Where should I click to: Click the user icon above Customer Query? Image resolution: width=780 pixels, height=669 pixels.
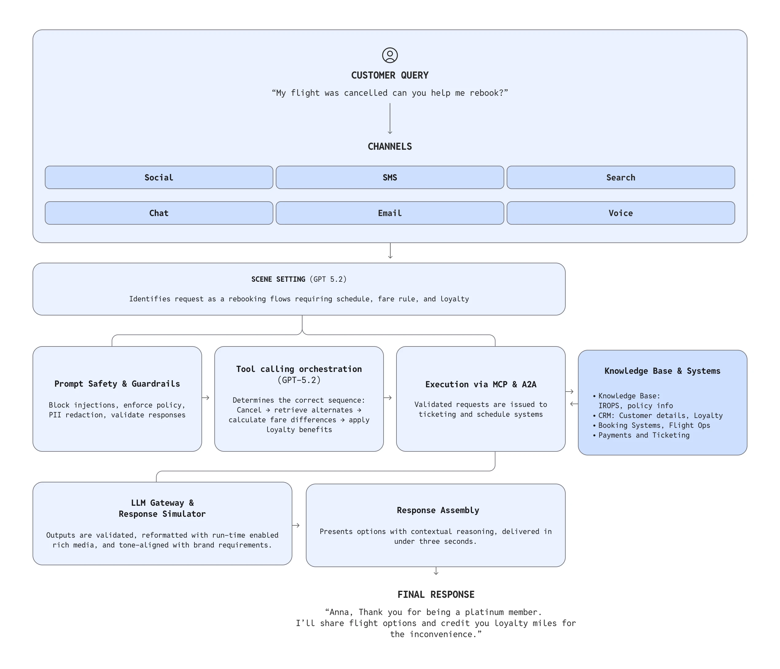click(390, 55)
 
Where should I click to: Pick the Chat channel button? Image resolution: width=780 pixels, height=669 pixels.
click(159, 213)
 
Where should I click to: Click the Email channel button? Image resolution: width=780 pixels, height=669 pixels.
click(390, 213)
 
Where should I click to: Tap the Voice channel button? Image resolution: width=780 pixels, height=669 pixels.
click(620, 213)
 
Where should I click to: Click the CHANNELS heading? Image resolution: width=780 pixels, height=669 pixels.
click(390, 146)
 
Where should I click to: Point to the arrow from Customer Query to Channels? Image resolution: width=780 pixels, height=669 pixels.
click(390, 118)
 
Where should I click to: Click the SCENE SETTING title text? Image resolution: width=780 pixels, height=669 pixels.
click(278, 279)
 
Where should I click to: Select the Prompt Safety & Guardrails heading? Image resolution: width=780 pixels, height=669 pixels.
click(117, 384)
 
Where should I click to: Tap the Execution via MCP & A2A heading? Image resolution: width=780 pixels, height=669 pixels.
click(481, 384)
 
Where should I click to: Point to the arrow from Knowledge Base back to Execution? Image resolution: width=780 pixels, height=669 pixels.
click(574, 404)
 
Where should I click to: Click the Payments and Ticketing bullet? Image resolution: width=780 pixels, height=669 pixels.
click(644, 435)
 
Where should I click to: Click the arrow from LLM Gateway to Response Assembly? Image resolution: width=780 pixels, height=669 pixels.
click(296, 525)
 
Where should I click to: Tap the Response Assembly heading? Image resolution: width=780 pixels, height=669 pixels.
click(438, 510)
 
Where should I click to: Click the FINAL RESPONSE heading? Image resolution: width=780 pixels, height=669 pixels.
click(436, 594)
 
